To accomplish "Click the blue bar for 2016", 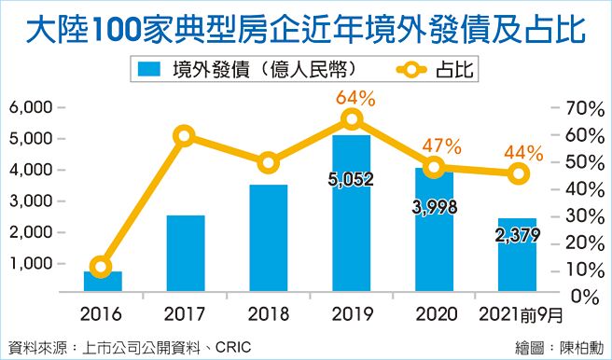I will click(103, 281).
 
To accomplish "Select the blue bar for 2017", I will click(186, 253).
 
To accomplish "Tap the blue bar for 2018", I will click(269, 238).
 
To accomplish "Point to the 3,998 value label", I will click(434, 207).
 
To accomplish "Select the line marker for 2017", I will click(185, 136).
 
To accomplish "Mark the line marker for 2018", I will click(269, 163).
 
